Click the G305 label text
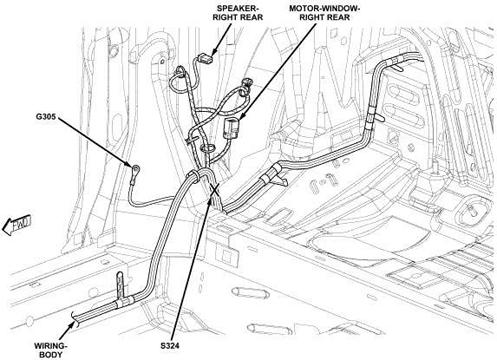[46, 117]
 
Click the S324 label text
[170, 346]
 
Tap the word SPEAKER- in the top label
[238, 8]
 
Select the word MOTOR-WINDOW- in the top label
[324, 8]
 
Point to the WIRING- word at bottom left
[51, 346]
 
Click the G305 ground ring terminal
[136, 168]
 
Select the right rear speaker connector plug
[204, 59]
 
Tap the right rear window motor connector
[231, 128]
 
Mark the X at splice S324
[214, 190]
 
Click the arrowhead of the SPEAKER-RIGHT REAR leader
[214, 52]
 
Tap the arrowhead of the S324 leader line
[209, 201]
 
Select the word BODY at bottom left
[51, 355]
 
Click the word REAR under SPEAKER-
[252, 17]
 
